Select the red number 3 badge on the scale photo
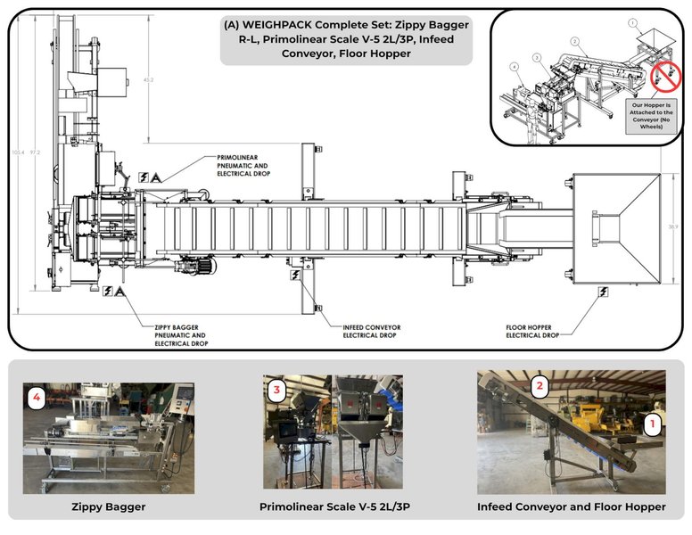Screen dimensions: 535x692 [277, 390]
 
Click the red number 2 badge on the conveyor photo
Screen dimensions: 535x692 [540, 386]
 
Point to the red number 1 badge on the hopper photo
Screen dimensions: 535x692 [652, 424]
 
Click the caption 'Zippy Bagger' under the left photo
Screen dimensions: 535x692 [108, 506]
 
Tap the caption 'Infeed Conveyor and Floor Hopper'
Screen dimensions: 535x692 [571, 506]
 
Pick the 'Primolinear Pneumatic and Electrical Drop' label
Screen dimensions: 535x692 [243, 165]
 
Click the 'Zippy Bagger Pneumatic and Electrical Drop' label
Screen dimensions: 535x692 [184, 335]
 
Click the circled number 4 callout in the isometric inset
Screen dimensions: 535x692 [515, 65]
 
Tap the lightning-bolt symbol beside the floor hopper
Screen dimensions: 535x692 [604, 291]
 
